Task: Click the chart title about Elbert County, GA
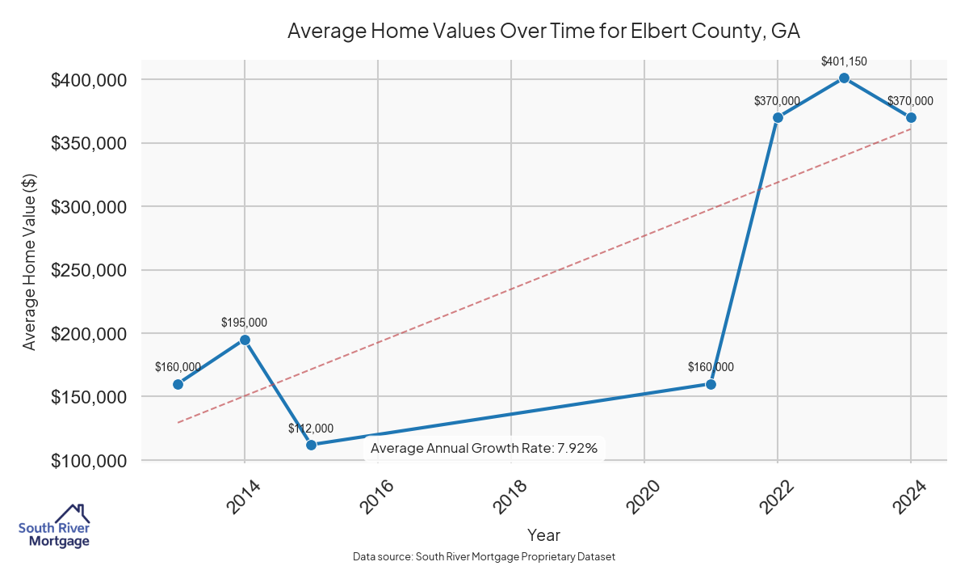(x=543, y=32)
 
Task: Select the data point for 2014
(x=245, y=340)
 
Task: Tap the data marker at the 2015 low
(x=312, y=445)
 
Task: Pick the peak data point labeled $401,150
(x=844, y=78)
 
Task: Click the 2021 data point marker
(x=711, y=384)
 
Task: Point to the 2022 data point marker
(x=778, y=117)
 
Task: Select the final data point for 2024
(x=911, y=117)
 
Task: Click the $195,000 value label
(x=245, y=323)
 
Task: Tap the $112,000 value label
(x=311, y=429)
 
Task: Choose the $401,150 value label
(x=844, y=61)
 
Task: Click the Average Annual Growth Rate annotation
(x=484, y=449)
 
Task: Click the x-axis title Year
(x=543, y=534)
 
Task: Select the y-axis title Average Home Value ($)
(x=30, y=270)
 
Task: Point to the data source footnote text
(x=484, y=556)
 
